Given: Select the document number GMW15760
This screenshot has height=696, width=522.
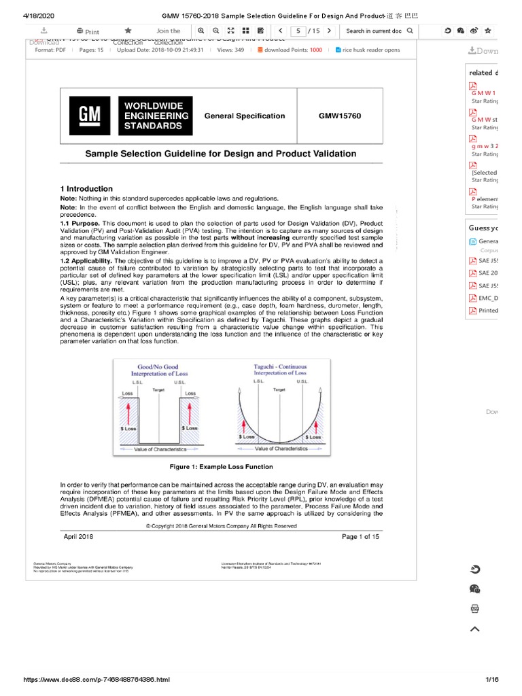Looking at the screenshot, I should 340,116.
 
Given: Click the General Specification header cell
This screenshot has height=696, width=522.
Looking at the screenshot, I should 245,116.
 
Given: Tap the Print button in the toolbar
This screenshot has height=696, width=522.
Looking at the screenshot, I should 88,31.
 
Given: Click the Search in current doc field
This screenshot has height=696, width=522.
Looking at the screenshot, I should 373,31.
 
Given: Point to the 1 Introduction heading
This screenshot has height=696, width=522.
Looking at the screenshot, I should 86,189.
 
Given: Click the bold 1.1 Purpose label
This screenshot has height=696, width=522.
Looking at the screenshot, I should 80,224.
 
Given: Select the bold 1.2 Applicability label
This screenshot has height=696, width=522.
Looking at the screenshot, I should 86,261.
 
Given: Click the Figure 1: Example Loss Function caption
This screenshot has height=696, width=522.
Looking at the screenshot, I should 221,467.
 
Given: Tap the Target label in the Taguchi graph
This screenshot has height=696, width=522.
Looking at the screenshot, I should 279,390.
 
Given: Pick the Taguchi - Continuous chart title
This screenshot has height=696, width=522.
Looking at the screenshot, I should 280,369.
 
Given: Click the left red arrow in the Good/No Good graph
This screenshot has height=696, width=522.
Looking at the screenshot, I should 128,412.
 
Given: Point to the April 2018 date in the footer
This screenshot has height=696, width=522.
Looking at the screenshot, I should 79,537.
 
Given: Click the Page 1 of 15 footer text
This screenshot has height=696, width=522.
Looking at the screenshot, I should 360,537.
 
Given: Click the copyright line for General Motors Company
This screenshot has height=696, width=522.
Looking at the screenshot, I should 221,526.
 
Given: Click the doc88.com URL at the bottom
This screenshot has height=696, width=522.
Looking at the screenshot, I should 97,680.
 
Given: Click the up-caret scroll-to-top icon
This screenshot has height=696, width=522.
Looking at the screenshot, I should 475,629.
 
